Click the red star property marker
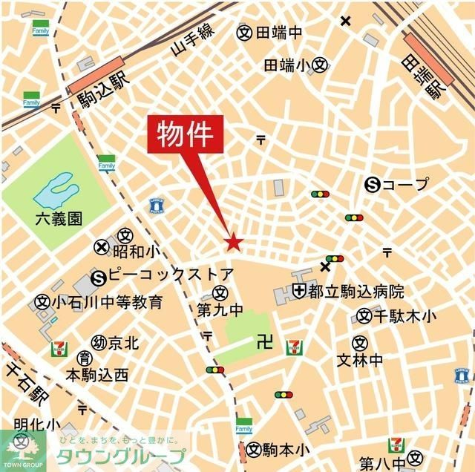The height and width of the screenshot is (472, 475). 233,242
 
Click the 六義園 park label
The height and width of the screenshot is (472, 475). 59,219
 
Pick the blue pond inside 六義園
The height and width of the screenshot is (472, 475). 53,191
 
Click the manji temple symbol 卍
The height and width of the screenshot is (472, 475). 260,341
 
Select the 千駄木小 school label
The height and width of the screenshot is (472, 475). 404,316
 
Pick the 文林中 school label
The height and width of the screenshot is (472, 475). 360,360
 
